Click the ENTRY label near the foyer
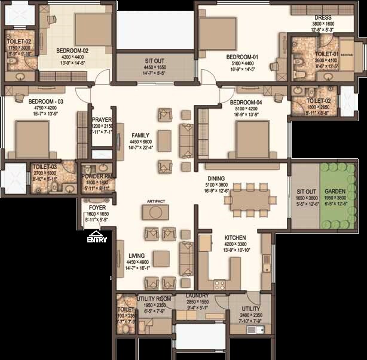(97, 240)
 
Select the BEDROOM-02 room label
(72, 51)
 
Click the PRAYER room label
(102, 120)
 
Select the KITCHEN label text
(236, 237)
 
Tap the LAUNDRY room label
(197, 296)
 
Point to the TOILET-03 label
(45, 167)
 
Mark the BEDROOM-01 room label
(241, 57)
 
